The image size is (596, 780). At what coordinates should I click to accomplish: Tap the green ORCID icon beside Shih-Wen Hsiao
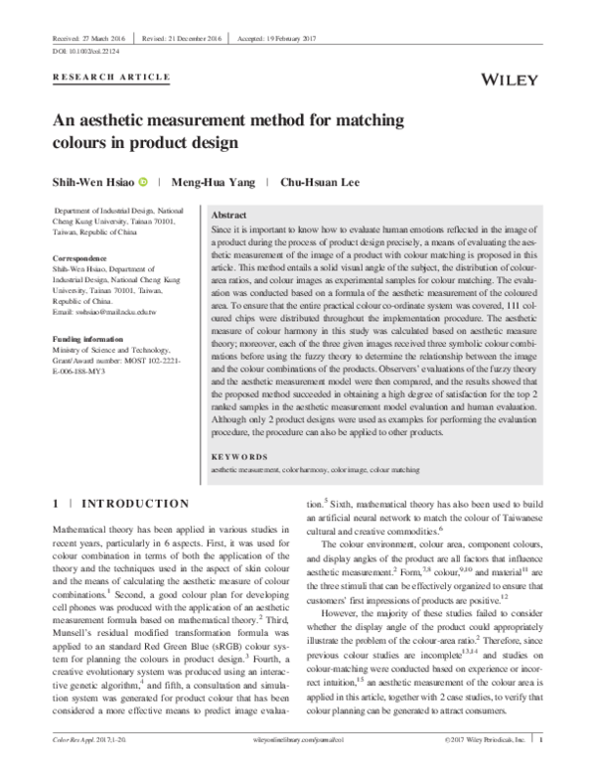[x=144, y=182]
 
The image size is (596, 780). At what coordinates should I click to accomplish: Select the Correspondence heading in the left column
[x=78, y=257]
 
